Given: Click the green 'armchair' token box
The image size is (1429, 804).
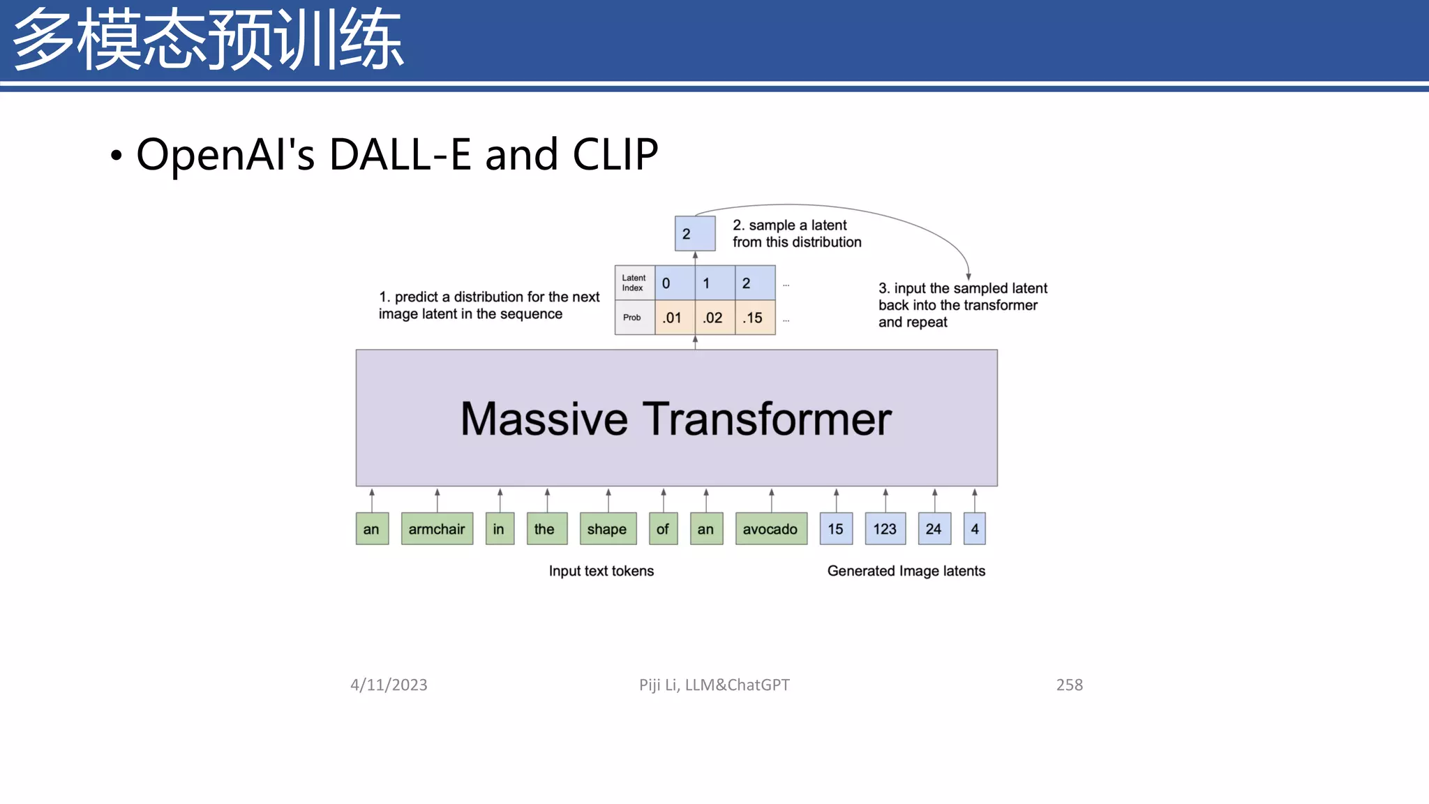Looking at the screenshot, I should point(437,529).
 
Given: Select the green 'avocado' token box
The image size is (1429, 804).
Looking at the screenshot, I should point(770,529).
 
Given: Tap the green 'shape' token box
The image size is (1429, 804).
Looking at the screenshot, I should point(607,529).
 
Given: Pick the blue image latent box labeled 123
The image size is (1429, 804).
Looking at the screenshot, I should point(885,529).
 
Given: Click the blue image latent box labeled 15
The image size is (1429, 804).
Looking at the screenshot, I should point(835,529).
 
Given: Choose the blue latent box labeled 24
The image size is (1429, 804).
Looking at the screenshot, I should point(934,529).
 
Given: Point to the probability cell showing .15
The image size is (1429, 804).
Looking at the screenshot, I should point(754,318).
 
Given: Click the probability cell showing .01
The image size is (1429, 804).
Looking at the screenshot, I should point(674,318).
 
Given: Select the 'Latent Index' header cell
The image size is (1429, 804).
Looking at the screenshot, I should point(634,283).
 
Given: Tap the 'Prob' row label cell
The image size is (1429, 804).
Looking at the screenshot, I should point(634,318).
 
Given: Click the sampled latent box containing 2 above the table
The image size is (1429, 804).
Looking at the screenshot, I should point(694,234).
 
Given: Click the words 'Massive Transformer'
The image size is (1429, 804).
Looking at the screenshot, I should point(676,419).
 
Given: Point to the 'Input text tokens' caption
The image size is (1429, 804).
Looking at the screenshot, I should point(601,571).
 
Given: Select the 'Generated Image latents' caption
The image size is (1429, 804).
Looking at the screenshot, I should point(906,571).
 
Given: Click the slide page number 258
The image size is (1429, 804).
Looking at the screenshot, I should point(1069,685).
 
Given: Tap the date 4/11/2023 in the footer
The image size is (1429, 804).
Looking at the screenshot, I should point(389,685).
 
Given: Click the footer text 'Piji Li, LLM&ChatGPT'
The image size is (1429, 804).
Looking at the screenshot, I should point(714,685).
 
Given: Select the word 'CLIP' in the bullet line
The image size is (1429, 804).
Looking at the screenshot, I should point(615,154).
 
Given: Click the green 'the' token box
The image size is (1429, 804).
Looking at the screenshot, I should point(546,529).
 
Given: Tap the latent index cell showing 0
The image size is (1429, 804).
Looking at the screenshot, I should point(674,283).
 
